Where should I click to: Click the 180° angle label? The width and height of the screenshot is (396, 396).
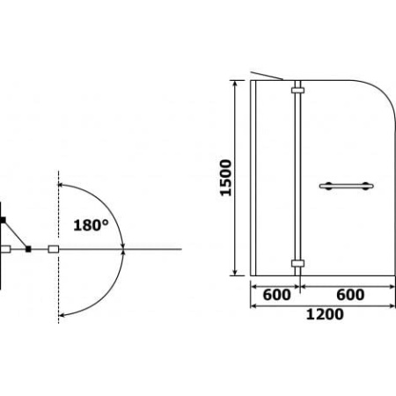pyautogui.click(x=91, y=225)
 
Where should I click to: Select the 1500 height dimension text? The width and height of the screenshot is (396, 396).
pyautogui.click(x=226, y=178)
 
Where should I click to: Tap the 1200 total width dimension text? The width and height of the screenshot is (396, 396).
pyautogui.click(x=325, y=314)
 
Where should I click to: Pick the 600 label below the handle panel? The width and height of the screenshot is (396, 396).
pyautogui.click(x=350, y=295)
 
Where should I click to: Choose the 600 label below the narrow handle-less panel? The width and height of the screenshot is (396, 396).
pyautogui.click(x=276, y=295)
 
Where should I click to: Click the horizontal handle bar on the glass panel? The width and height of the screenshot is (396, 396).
pyautogui.click(x=347, y=186)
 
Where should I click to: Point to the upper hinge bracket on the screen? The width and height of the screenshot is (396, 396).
pyautogui.click(x=297, y=91)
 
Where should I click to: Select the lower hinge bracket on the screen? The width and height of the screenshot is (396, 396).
pyautogui.click(x=297, y=263)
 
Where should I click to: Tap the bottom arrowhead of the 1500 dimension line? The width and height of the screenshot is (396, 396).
pyautogui.click(x=235, y=273)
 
